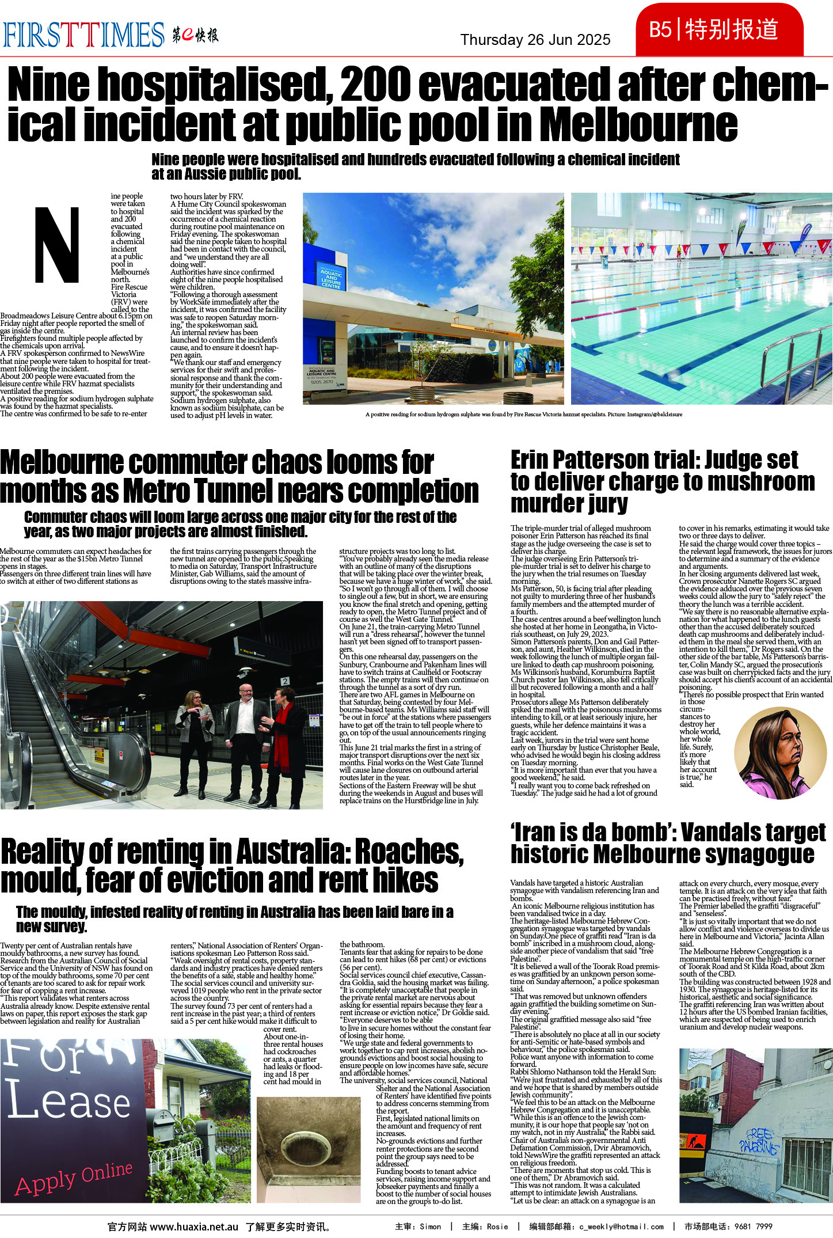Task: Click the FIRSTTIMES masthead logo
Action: tap(83, 35)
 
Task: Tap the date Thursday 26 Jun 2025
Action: tap(535, 40)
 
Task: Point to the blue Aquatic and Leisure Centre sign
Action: tap(330, 277)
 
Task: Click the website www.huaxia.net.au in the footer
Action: tap(194, 1226)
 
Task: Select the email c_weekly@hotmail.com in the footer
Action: tap(621, 1226)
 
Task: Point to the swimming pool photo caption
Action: tap(523, 414)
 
